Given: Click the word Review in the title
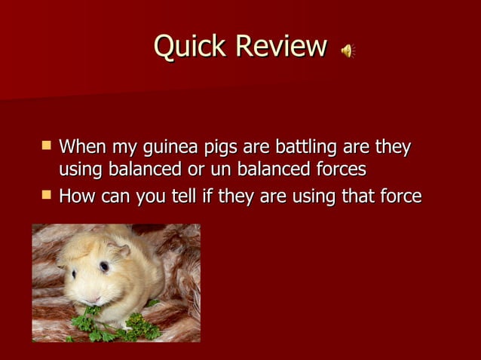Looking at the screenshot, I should point(281,47).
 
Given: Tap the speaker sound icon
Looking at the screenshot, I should point(348,51).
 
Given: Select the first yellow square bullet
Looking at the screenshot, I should point(47,144).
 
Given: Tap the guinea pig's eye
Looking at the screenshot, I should point(104,267).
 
